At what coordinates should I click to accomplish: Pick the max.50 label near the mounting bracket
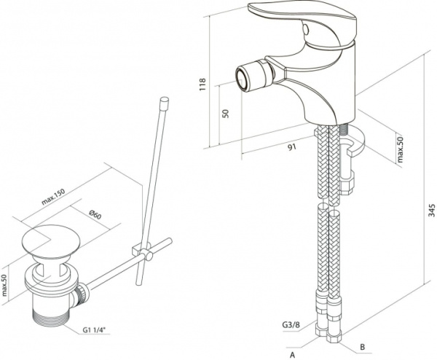coord(399,149)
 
